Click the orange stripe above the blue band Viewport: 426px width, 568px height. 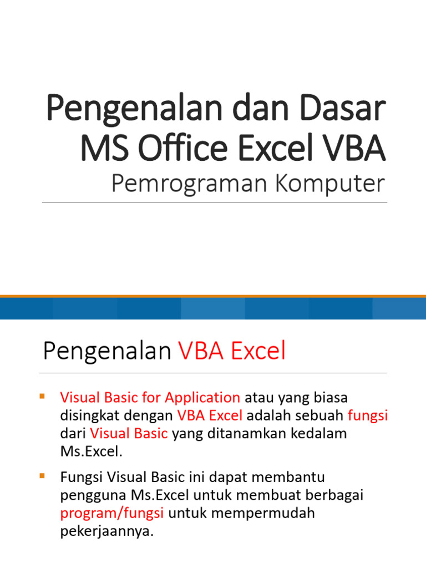pyautogui.click(x=213, y=296)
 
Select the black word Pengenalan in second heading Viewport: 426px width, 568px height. pyautogui.click(x=106, y=351)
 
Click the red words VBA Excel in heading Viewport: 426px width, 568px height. pyautogui.click(x=232, y=351)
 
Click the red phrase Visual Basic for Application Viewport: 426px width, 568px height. pyautogui.click(x=150, y=397)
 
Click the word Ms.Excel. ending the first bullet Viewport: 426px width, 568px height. pyautogui.click(x=90, y=451)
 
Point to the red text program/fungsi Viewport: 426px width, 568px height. pyautogui.click(x=111, y=513)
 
